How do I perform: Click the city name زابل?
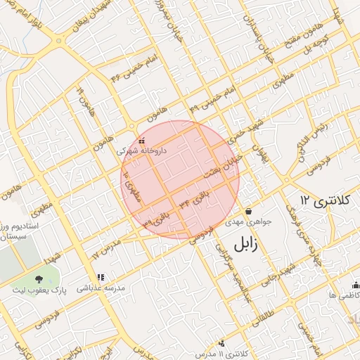[x=244, y=245]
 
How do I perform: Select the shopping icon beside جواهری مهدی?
[x=248, y=212]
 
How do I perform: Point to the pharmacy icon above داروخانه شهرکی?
[x=142, y=141]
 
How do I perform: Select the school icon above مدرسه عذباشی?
[x=101, y=278]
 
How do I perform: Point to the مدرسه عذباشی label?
[x=100, y=288]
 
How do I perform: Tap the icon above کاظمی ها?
[x=355, y=285]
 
